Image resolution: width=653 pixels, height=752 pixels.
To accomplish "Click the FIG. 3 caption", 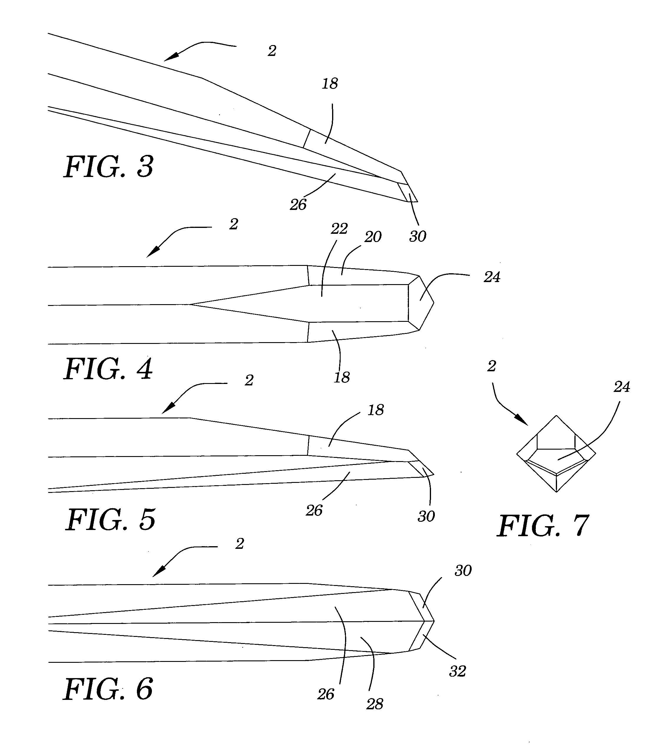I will click(109, 167).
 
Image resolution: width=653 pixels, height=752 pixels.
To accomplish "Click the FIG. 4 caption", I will click(109, 369).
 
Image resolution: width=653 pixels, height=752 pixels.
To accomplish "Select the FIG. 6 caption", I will click(108, 689).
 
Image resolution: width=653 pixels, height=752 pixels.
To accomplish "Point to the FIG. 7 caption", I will click(543, 526).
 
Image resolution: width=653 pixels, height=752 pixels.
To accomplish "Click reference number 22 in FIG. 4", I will click(339, 229).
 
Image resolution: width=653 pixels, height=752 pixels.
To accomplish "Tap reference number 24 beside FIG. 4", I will click(492, 277).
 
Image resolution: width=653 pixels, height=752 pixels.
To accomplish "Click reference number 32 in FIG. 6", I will click(457, 671).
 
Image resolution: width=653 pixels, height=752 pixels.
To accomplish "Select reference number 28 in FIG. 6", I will click(374, 704).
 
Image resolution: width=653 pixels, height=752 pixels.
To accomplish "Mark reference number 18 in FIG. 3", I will click(330, 84).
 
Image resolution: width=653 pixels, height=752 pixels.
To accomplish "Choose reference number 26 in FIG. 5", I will click(314, 511).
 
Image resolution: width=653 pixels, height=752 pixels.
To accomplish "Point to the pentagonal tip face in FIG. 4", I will click(420, 303).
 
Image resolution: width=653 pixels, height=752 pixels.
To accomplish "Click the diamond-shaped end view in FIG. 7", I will click(556, 454).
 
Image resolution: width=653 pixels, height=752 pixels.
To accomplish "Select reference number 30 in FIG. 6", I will click(463, 571).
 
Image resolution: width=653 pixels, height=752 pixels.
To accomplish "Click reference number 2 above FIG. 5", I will click(249, 380).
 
